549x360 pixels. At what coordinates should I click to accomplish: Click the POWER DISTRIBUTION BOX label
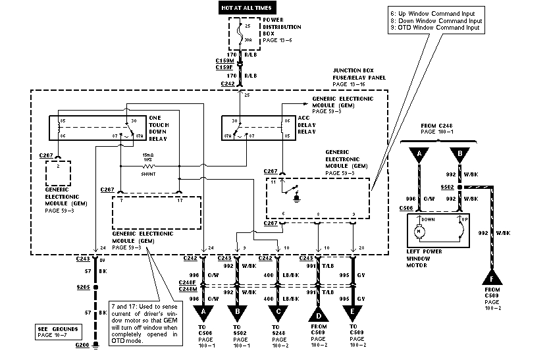click(x=282, y=31)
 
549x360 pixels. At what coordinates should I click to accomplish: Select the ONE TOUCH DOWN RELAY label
click(x=159, y=125)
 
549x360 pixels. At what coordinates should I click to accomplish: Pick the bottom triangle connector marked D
click(x=319, y=311)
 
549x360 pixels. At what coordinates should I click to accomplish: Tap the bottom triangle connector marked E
click(x=353, y=311)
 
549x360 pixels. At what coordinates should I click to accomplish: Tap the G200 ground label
click(x=82, y=344)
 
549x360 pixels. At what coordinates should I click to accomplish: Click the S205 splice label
click(x=82, y=288)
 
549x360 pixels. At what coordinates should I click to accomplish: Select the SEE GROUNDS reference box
click(x=58, y=332)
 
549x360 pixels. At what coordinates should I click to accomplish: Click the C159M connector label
click(x=224, y=60)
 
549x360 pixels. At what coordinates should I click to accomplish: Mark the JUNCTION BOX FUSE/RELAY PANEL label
click(x=359, y=78)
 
